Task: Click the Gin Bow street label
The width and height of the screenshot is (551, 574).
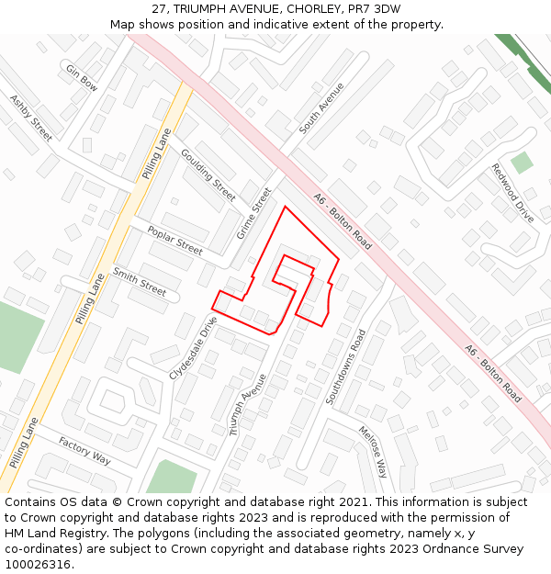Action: (x=82, y=76)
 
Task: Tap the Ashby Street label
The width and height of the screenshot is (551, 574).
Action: (x=31, y=117)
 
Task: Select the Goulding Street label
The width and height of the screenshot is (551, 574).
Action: (x=208, y=174)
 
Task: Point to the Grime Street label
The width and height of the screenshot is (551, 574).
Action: (x=254, y=213)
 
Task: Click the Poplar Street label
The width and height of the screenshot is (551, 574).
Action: (x=174, y=241)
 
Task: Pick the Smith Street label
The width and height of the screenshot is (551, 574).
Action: (x=139, y=282)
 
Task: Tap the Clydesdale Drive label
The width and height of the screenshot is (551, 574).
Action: (x=194, y=348)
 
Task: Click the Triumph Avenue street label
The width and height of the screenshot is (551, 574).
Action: (x=247, y=404)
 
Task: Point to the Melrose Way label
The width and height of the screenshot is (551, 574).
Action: (x=374, y=452)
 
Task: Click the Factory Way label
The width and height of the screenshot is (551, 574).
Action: (x=84, y=450)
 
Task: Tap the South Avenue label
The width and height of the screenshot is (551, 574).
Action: (x=321, y=105)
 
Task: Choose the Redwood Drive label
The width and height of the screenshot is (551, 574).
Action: (x=512, y=193)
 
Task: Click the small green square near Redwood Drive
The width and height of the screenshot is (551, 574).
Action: (x=522, y=163)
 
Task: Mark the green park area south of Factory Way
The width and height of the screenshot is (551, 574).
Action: (x=172, y=478)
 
